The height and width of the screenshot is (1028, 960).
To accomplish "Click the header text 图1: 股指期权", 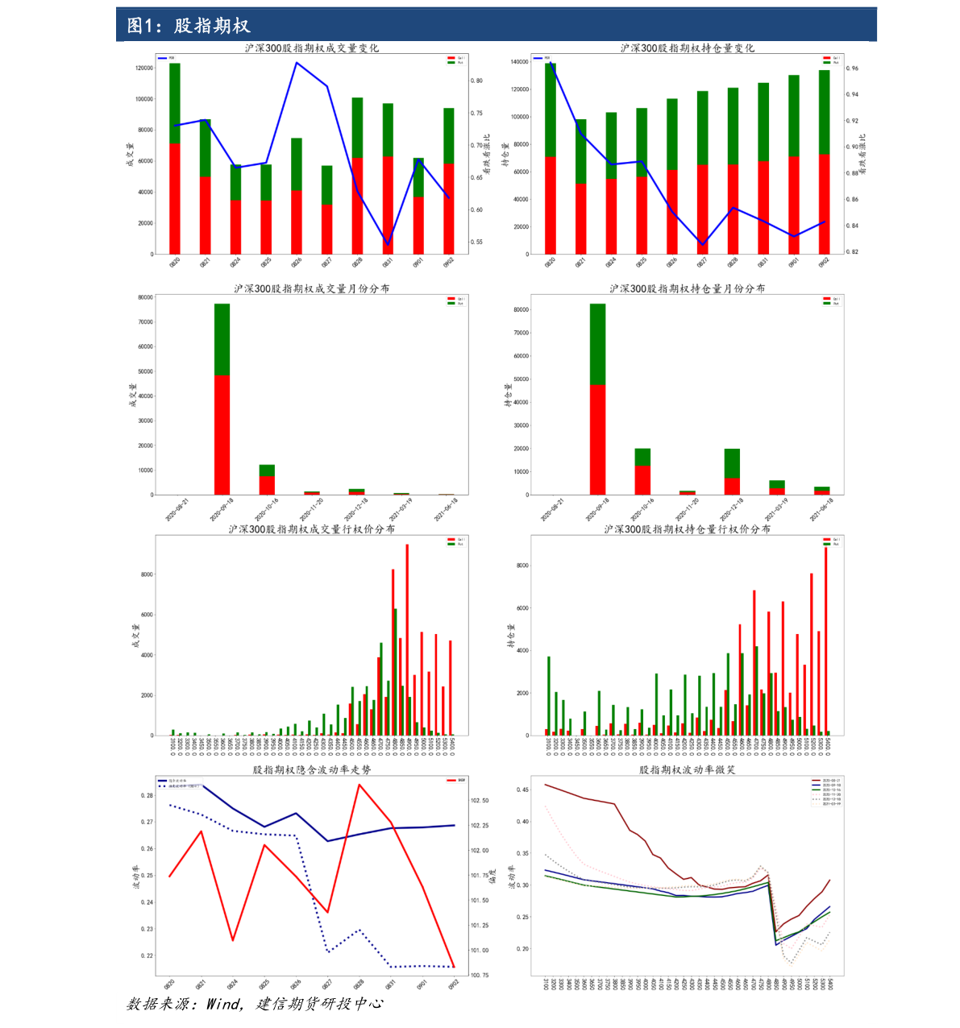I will (189, 26).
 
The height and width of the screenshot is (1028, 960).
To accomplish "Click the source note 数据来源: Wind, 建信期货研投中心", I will (255, 1004).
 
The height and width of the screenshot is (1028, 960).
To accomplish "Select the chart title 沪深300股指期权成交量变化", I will (311, 48).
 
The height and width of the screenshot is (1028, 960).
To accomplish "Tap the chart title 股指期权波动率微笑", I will (687, 770).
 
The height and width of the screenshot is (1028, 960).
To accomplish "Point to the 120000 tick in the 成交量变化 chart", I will (143, 68).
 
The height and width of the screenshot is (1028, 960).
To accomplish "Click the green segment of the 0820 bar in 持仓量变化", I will (551, 110).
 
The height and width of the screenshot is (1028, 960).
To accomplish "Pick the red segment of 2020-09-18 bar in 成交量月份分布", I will (222, 435).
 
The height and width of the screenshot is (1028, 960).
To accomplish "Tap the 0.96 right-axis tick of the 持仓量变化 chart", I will (852, 68).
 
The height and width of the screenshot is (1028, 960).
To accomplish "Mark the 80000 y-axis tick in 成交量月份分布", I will (145, 297).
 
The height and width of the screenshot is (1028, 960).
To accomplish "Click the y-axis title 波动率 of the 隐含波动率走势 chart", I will (135, 877).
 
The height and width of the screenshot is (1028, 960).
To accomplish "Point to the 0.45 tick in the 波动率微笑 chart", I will (522, 790).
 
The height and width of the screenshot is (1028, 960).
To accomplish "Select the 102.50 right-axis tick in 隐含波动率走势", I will (480, 801).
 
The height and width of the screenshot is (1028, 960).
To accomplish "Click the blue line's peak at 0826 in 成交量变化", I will (297, 63).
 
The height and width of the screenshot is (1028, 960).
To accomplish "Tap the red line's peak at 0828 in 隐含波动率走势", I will (359, 785).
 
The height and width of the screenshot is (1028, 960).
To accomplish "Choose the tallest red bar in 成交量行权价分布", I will (407, 640).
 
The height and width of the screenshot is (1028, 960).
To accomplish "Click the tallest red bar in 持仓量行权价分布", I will (825, 641).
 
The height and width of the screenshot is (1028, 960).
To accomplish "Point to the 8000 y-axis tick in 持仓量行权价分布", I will (522, 566).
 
